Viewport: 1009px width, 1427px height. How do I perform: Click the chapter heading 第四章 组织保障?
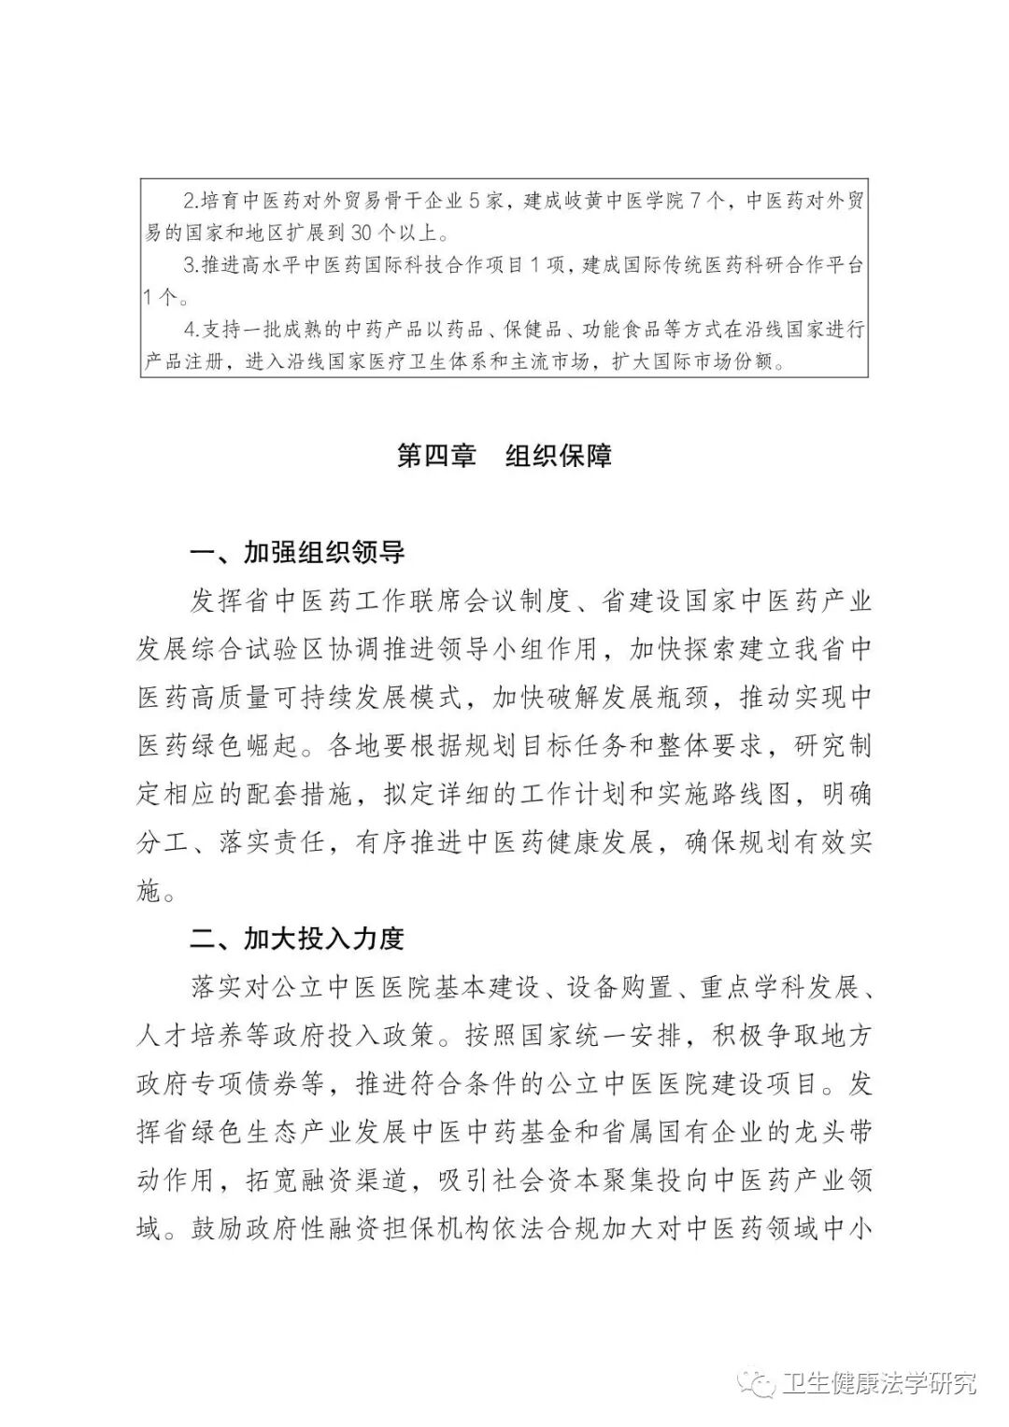504,456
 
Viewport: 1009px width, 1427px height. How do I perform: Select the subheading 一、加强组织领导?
297,553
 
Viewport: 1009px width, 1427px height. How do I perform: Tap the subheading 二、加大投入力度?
297,939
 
